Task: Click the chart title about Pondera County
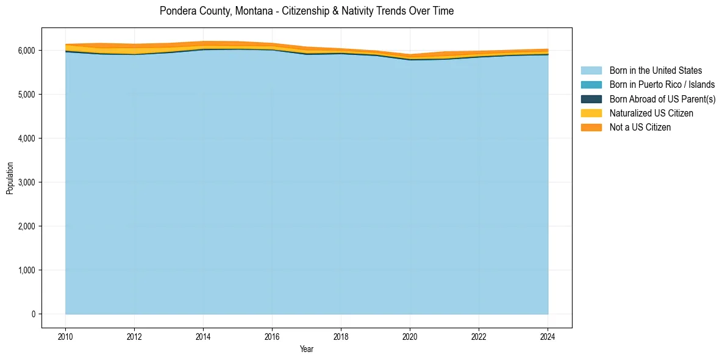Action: pyautogui.click(x=307, y=11)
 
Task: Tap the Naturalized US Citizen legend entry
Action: pyautogui.click(x=651, y=113)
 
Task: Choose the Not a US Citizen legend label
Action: pyautogui.click(x=640, y=128)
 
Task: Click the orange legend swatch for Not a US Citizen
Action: pyautogui.click(x=591, y=128)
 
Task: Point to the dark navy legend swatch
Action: pyautogui.click(x=591, y=99)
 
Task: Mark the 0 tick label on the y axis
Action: pyautogui.click(x=33, y=314)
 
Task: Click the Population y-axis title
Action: pyautogui.click(x=10, y=178)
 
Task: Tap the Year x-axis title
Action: pyautogui.click(x=307, y=349)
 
